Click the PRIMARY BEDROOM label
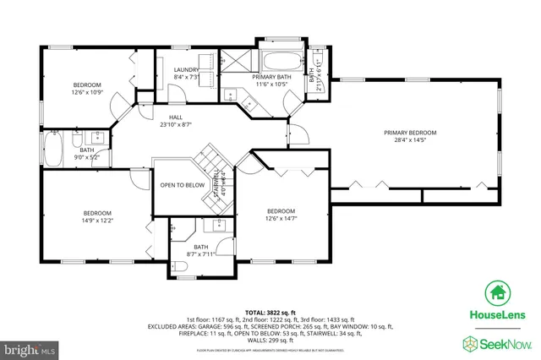(410, 133)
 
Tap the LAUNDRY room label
(185, 69)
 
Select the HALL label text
(177, 117)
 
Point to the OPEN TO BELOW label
(182, 185)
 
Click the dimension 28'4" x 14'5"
(410, 140)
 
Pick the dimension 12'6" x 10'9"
(87, 92)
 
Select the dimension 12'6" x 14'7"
(281, 218)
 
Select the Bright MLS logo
(30, 347)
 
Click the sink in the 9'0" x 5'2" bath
(96, 136)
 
